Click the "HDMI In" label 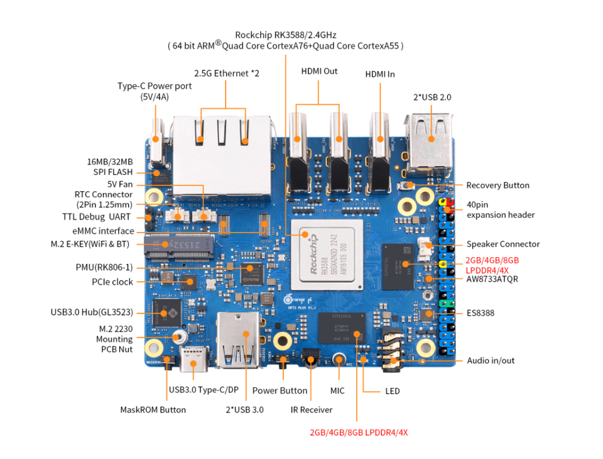(x=380, y=74)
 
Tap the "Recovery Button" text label (x=497, y=185)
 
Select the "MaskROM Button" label (x=153, y=409)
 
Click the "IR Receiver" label (x=311, y=409)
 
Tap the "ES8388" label (x=481, y=312)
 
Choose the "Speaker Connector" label (x=503, y=244)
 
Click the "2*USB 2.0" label (x=432, y=97)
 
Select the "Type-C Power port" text (x=155, y=86)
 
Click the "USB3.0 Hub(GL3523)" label (x=92, y=312)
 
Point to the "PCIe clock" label (x=112, y=282)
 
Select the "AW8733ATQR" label (x=492, y=279)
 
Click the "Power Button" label (x=280, y=390)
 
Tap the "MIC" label (x=337, y=390)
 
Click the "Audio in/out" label (x=491, y=360)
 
